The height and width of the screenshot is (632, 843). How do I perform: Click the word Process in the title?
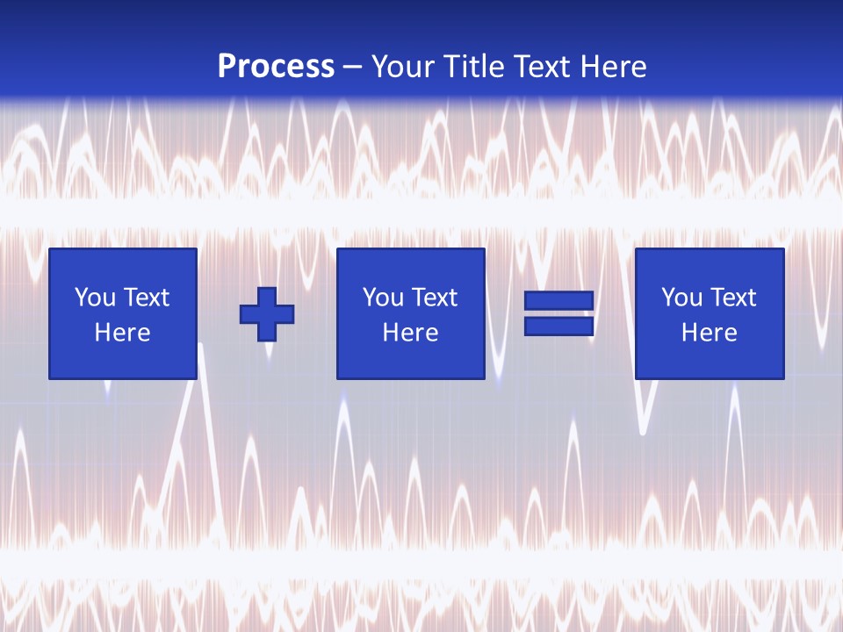click(x=276, y=67)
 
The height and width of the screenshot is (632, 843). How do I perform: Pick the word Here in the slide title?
click(x=615, y=67)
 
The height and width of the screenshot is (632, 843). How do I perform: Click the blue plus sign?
click(x=267, y=313)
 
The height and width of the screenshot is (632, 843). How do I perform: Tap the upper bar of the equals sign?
click(x=558, y=300)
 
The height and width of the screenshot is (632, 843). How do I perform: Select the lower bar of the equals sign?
click(x=558, y=326)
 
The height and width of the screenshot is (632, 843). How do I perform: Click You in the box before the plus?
click(x=95, y=298)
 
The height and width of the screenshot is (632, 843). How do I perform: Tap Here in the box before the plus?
click(x=123, y=333)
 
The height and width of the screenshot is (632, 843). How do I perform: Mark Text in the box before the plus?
click(x=146, y=298)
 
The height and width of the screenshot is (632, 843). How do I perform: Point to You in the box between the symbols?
click(x=383, y=298)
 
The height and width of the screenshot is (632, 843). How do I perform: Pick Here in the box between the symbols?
click(x=411, y=333)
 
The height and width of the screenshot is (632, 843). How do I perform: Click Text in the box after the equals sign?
click(x=732, y=298)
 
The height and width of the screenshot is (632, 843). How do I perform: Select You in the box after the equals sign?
click(x=681, y=298)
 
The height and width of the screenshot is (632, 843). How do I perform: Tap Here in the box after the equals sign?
click(x=710, y=333)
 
